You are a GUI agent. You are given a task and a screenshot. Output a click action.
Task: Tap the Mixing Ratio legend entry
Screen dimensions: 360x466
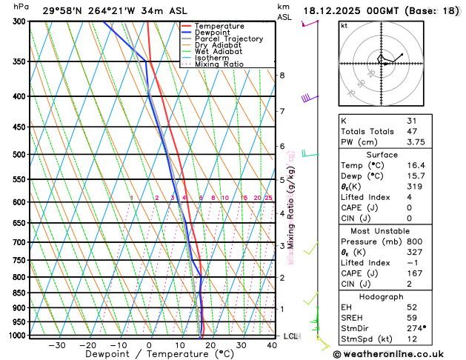click(219, 64)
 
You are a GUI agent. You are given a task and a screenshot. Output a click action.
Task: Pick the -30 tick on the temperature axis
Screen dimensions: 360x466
click(56, 345)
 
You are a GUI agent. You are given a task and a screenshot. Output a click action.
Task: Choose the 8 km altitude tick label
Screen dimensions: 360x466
click(282, 76)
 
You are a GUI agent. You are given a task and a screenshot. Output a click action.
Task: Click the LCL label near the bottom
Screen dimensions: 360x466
click(290, 336)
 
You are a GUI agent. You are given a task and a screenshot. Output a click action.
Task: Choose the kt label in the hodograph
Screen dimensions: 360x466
click(344, 25)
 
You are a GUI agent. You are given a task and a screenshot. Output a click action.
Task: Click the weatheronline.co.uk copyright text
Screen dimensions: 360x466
click(399, 353)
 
